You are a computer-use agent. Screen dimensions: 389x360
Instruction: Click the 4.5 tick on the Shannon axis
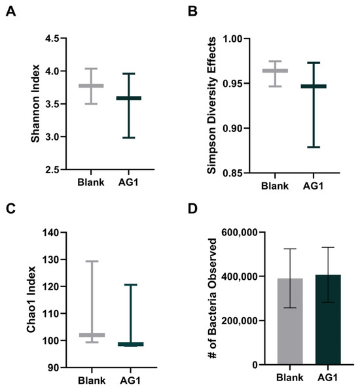pyautogui.click(x=56, y=39)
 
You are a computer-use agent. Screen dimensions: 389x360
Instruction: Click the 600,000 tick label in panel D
pyautogui.click(x=237, y=232)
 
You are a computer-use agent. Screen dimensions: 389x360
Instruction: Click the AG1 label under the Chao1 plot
pyautogui.click(x=130, y=379)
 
